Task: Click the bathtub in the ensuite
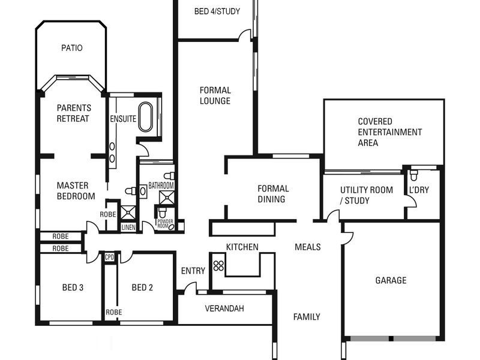tap(146, 117)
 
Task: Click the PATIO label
tap(71, 48)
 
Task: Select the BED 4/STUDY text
tap(216, 11)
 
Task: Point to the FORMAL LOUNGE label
tap(215, 96)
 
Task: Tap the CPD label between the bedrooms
tap(110, 257)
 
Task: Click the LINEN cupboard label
tap(128, 227)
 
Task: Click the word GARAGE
tap(391, 280)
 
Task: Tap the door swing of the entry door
tap(190, 288)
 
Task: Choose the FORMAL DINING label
tap(273, 194)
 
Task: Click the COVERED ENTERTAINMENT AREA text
tap(389, 132)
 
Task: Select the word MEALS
tap(307, 247)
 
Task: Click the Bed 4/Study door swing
tap(244, 35)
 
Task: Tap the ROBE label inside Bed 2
tap(113, 312)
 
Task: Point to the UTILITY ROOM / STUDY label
tap(366, 195)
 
